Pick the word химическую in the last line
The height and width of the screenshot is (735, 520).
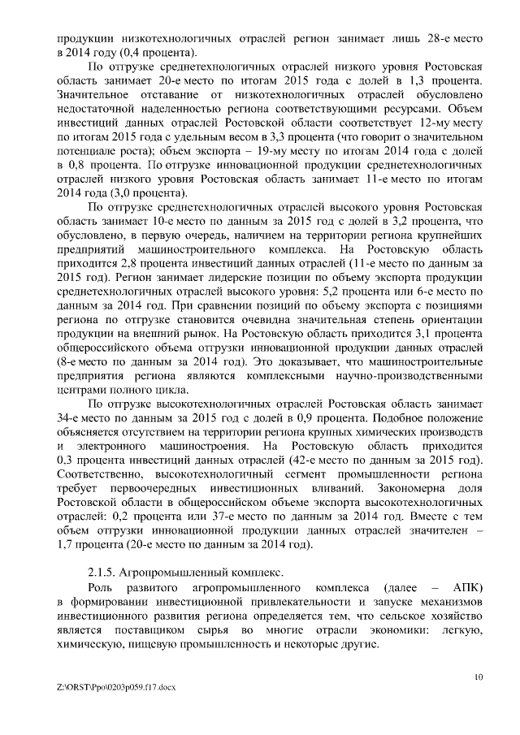tap(90, 646)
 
